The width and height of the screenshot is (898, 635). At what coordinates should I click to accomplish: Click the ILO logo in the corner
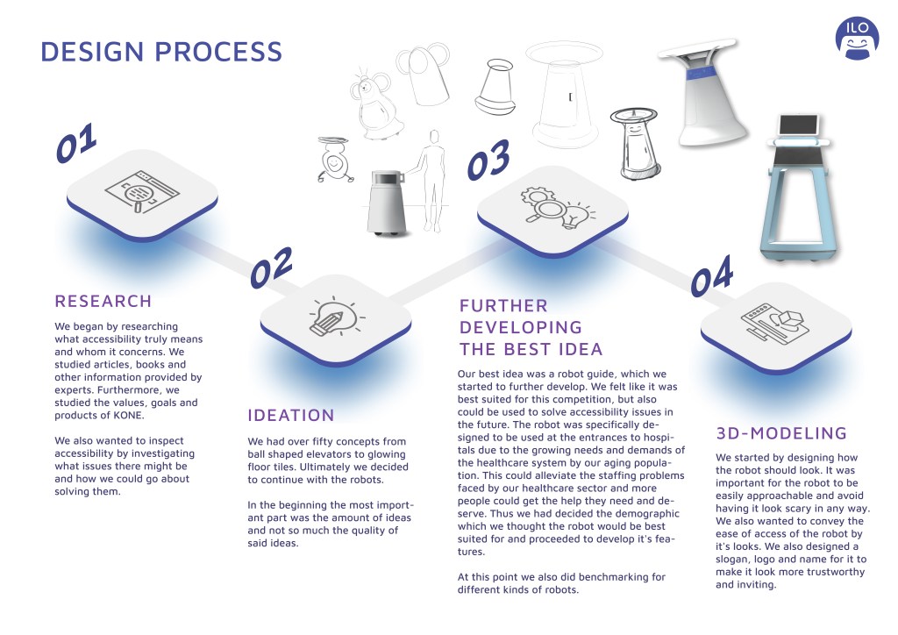click(856, 38)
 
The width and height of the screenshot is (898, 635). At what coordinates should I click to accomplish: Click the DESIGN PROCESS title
click(161, 52)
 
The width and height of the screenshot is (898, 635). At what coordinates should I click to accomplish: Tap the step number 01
click(75, 143)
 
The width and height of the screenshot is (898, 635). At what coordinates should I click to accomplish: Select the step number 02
click(271, 268)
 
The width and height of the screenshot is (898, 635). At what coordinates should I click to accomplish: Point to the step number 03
click(488, 160)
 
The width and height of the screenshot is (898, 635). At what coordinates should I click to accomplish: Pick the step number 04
click(711, 276)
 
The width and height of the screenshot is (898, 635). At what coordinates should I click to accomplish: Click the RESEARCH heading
click(103, 301)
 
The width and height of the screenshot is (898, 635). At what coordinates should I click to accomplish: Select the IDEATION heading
click(291, 415)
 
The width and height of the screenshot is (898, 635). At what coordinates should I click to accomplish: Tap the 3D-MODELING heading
click(781, 433)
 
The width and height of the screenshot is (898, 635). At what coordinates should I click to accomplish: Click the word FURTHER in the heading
click(503, 306)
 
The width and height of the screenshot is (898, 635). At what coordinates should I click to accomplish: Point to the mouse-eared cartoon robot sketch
click(372, 106)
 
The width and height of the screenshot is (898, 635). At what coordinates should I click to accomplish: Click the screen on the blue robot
click(798, 125)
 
